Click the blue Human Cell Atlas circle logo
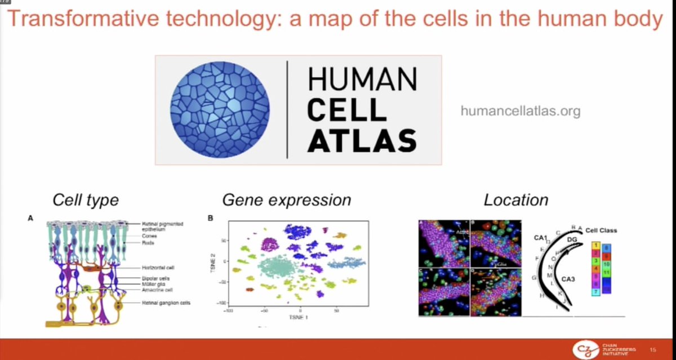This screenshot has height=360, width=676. [220, 109]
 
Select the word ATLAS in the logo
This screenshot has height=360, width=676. [362, 140]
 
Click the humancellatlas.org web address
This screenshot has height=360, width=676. [520, 112]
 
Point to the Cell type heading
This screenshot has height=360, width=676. [85, 200]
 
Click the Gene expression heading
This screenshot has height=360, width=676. [286, 200]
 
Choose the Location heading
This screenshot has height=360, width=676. [515, 200]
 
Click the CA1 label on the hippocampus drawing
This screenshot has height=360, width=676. [541, 239]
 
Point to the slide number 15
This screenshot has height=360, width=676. [653, 350]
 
